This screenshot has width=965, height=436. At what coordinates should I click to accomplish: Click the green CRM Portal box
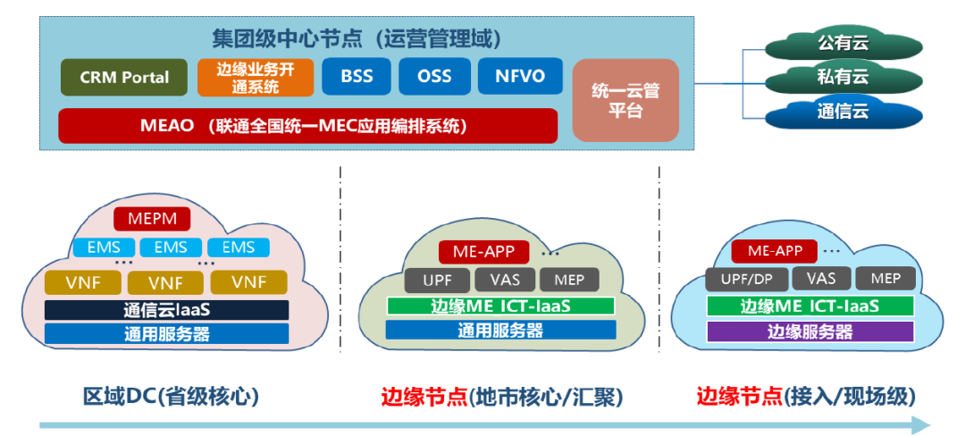(x=124, y=77)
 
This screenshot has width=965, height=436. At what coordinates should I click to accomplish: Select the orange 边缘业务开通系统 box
(x=255, y=77)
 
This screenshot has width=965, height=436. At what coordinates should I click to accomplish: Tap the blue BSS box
(x=357, y=76)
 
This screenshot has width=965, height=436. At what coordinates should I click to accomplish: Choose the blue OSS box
(x=434, y=76)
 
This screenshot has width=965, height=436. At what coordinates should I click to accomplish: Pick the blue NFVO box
(x=519, y=76)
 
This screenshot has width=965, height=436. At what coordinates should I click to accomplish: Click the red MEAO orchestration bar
(x=307, y=125)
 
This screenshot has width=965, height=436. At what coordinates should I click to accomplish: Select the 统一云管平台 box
(x=625, y=100)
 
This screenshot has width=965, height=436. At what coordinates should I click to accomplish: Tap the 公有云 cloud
(x=843, y=43)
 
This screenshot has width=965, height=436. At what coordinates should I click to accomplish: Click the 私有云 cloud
(x=843, y=78)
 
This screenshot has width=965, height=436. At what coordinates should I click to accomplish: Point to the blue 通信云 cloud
(x=843, y=113)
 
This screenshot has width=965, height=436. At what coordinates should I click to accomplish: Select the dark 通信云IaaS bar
(x=167, y=311)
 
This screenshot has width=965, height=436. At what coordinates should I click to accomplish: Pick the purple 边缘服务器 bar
(x=810, y=331)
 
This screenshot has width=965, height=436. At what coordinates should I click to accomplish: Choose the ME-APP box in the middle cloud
(x=483, y=252)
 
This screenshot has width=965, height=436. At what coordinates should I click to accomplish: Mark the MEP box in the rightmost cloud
(x=885, y=278)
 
